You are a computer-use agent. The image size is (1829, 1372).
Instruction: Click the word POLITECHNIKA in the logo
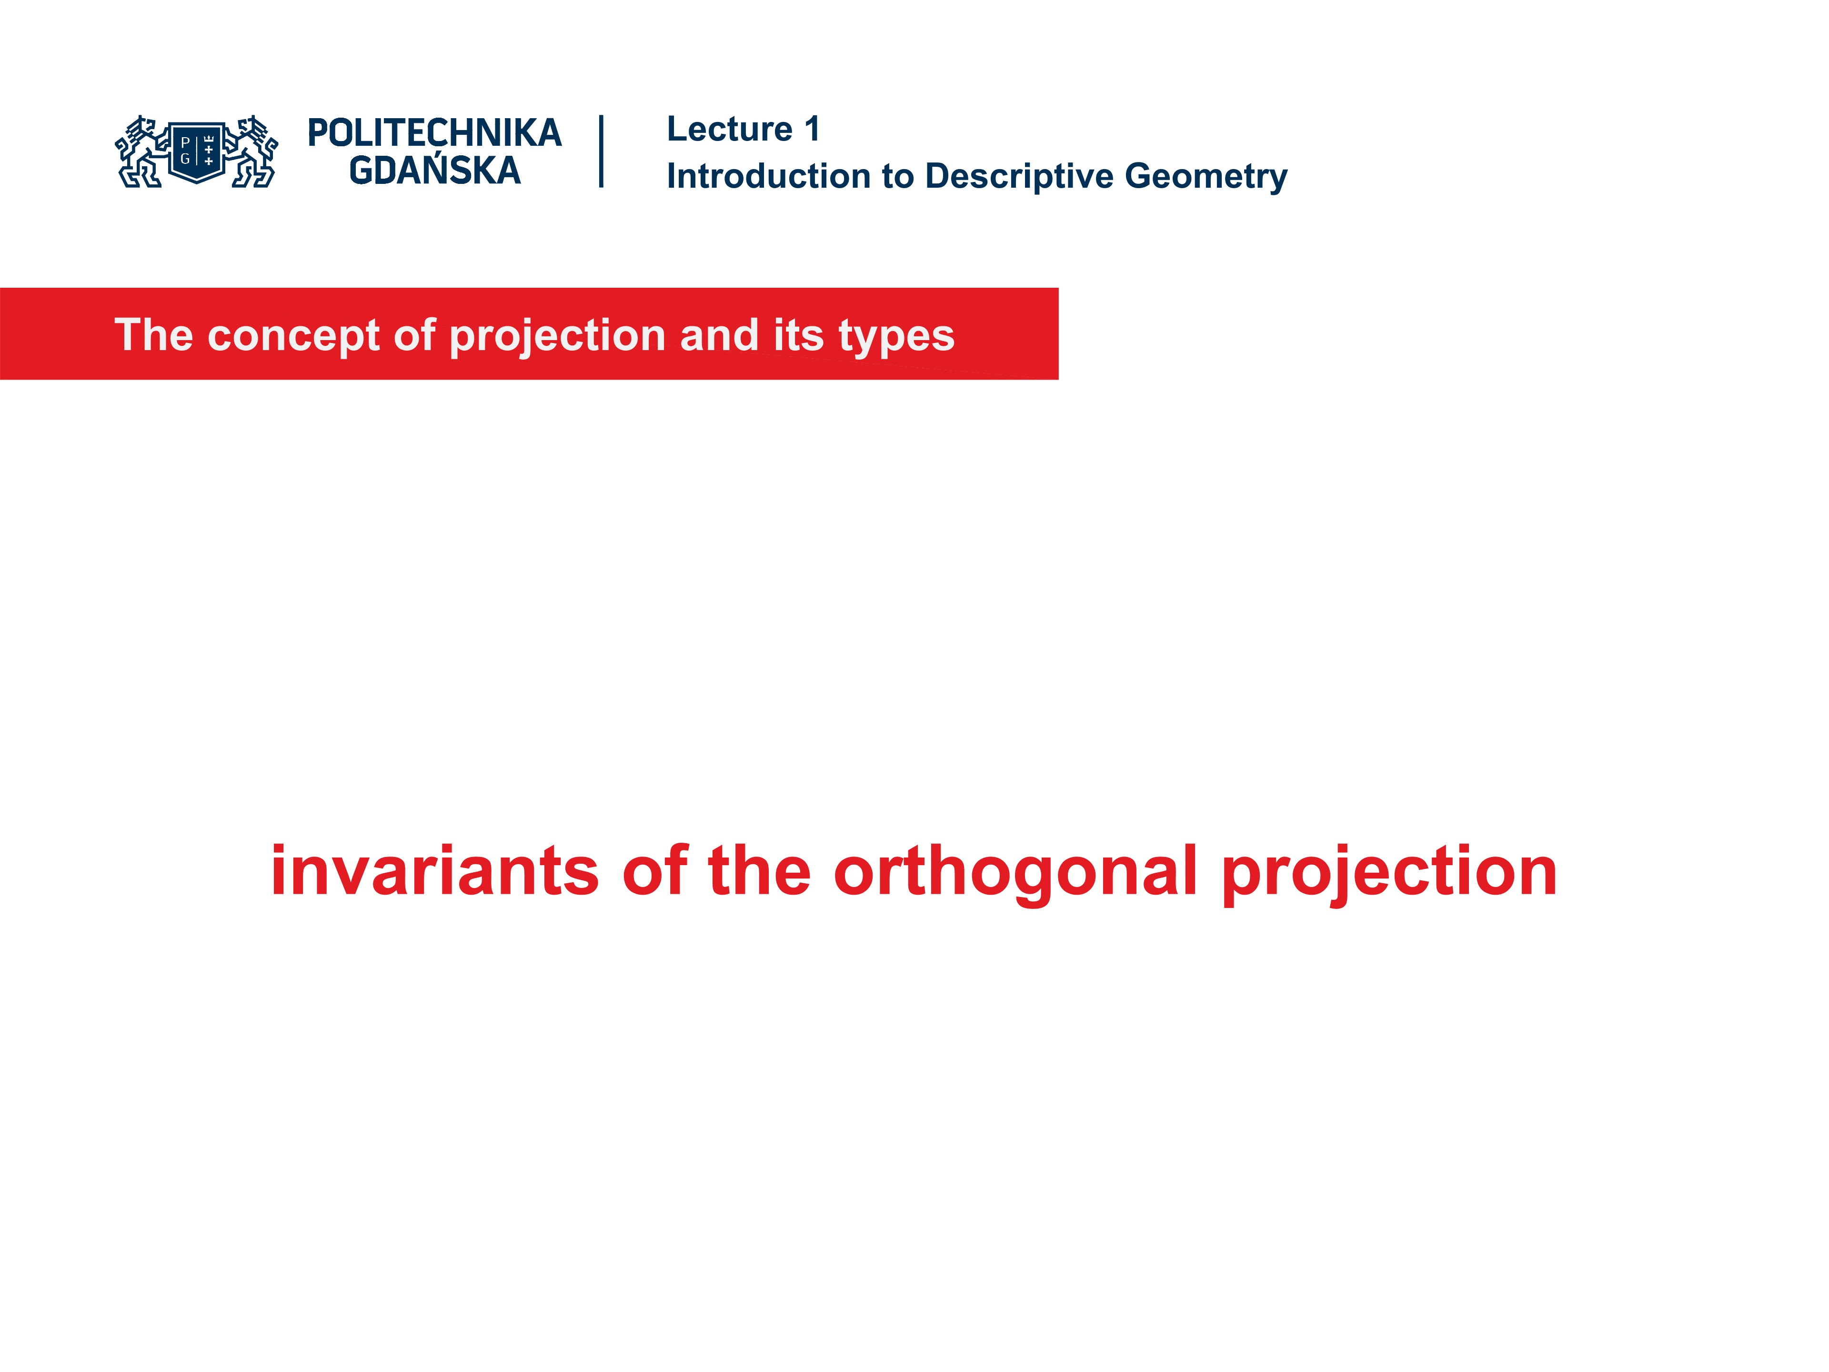(x=434, y=133)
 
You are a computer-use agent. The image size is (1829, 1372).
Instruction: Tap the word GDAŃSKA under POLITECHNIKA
(x=434, y=171)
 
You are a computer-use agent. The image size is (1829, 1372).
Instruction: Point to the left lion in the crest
(x=141, y=152)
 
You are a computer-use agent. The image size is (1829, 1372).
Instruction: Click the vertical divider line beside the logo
(x=601, y=151)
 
